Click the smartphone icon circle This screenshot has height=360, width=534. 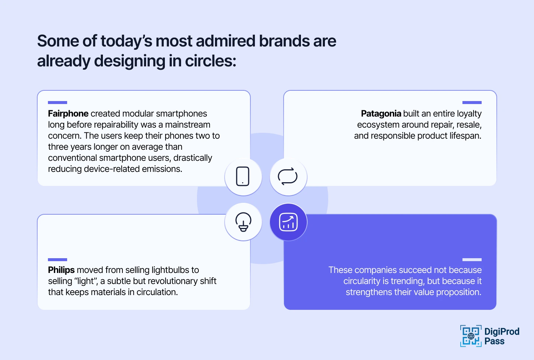coord(243,177)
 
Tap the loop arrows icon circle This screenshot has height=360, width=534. coord(288,177)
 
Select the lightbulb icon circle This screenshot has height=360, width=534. coord(243,222)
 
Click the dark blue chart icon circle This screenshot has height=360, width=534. coord(288,222)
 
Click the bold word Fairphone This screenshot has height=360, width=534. coord(68,114)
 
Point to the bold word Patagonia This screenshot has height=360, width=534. coord(381,114)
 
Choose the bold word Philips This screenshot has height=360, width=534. coord(61,270)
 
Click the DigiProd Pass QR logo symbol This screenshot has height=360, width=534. coord(471,336)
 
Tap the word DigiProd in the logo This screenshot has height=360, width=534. coord(502,332)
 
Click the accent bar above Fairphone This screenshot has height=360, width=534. coord(58,103)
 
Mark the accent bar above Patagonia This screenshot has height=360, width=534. coord(472,103)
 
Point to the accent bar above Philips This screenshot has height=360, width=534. coord(58,260)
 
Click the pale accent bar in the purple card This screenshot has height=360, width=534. coord(472,260)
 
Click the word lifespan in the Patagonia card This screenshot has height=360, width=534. coord(465,136)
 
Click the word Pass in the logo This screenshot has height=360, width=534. coord(494,341)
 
